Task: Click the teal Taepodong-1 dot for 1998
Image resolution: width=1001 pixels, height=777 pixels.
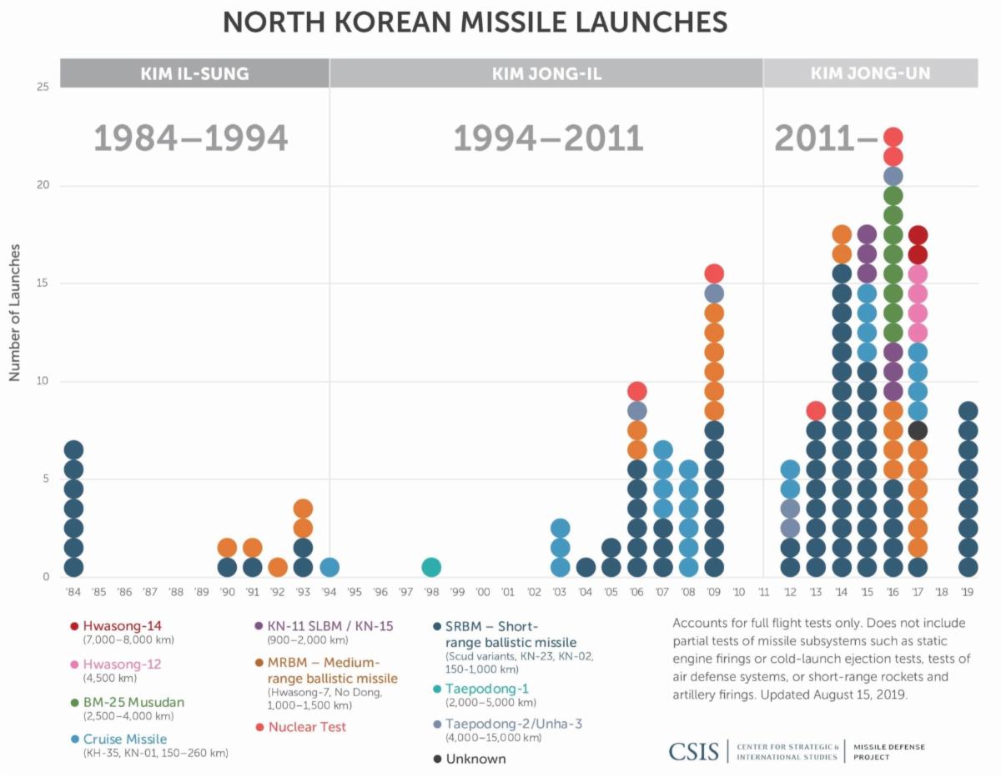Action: [431, 567]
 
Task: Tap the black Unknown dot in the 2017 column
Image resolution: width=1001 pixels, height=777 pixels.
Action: [918, 430]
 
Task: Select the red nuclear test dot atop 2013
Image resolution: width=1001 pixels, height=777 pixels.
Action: [816, 410]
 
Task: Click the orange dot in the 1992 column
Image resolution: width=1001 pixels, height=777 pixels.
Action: [278, 567]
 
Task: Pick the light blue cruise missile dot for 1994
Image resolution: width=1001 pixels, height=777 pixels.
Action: [329, 567]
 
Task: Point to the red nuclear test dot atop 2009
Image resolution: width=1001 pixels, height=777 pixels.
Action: [714, 273]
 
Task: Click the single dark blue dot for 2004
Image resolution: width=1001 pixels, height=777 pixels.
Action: [586, 567]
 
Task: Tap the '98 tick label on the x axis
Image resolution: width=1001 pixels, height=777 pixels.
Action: [431, 592]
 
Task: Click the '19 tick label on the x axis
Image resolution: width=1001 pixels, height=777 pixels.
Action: [968, 592]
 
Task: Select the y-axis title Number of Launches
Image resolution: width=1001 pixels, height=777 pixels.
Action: [15, 313]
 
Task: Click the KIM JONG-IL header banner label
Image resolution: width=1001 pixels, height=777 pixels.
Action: [546, 74]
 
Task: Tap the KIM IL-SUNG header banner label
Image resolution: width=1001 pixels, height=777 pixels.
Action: [194, 74]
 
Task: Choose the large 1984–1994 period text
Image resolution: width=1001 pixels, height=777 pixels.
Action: [191, 138]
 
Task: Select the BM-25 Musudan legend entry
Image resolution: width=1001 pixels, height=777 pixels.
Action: [133, 702]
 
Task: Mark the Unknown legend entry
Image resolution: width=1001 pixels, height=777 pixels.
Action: [475, 759]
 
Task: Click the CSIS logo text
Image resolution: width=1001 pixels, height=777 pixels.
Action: [694, 751]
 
